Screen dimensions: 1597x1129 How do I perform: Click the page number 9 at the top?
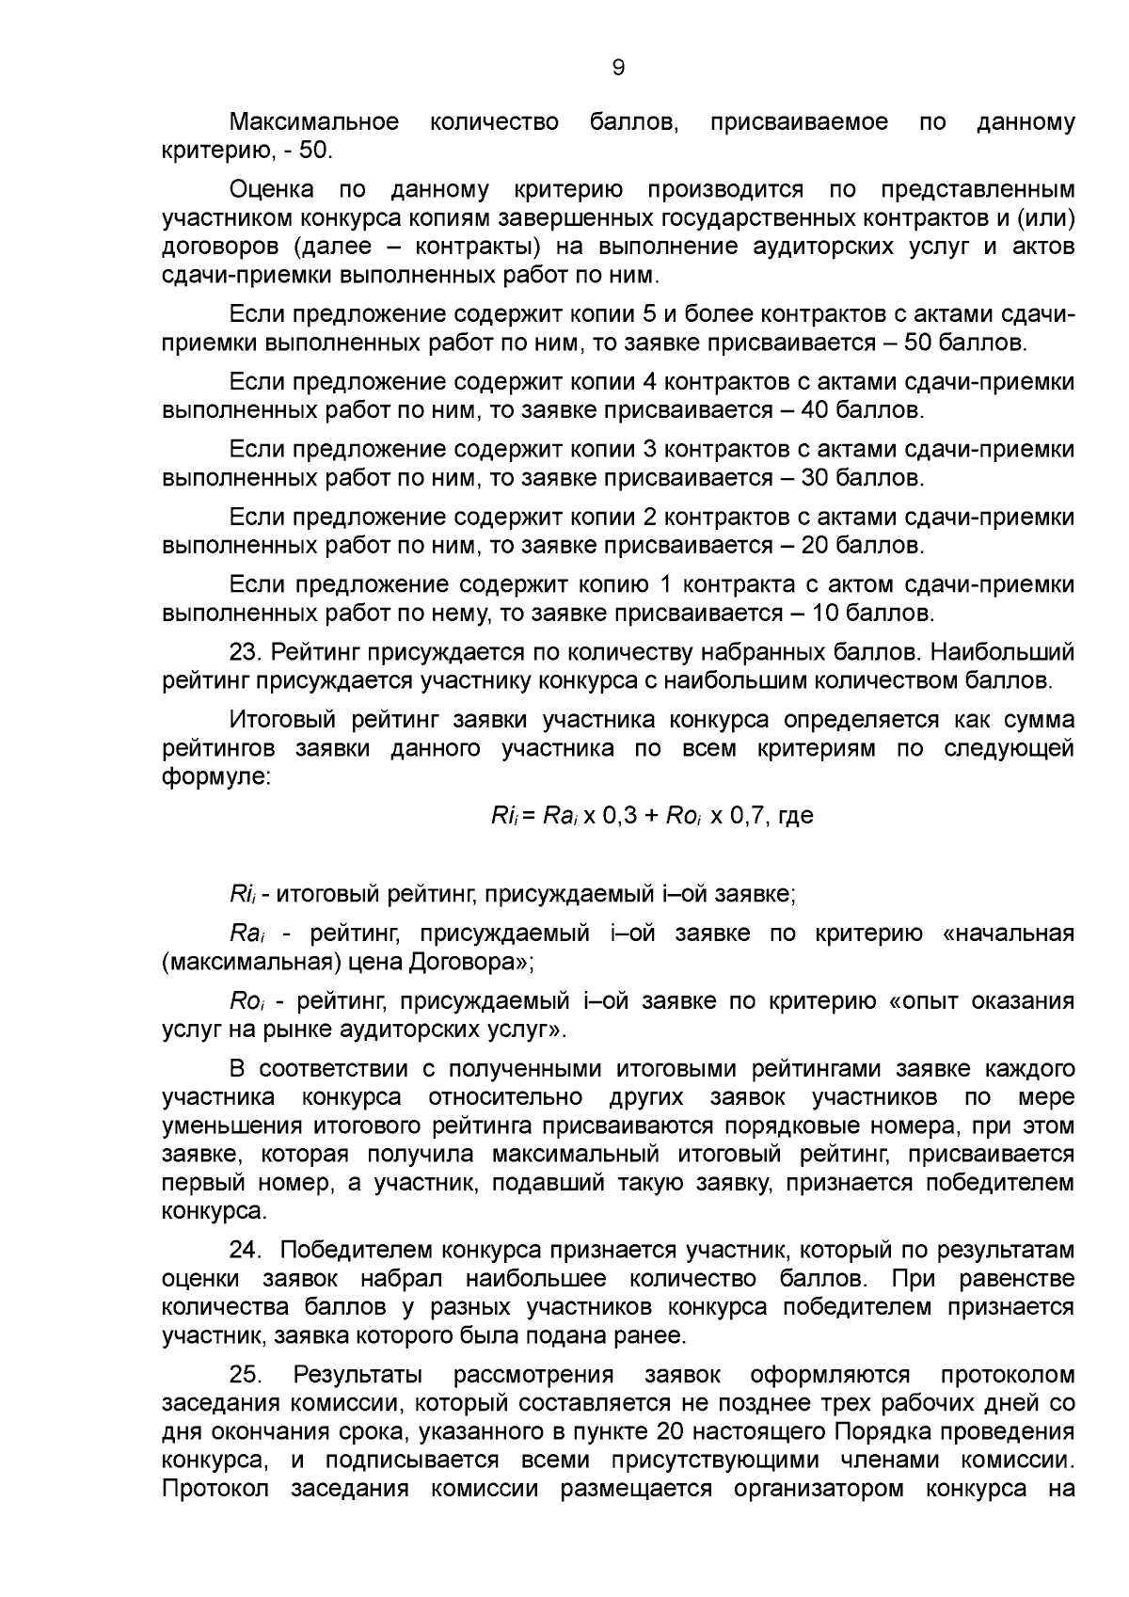point(617,67)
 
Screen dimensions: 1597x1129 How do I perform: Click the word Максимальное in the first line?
point(313,122)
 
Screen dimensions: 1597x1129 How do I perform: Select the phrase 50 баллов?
point(964,343)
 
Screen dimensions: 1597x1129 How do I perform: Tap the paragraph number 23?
point(246,652)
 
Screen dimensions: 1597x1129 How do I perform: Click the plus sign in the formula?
point(652,815)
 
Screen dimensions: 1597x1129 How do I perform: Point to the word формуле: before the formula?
point(216,777)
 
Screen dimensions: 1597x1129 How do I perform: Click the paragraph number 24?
point(246,1251)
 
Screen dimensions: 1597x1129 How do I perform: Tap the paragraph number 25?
point(246,1375)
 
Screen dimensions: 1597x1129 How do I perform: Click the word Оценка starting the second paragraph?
point(272,190)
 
